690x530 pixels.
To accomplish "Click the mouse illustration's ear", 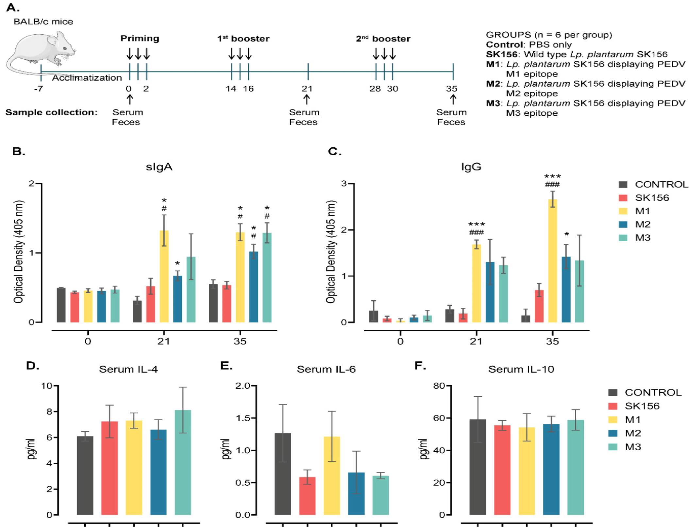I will pyautogui.click(x=52, y=40).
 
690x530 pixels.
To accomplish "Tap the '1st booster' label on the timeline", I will pyautogui.click(x=243, y=39).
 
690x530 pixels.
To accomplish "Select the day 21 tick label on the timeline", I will pyautogui.click(x=307, y=89).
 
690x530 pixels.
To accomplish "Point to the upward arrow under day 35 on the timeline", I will pyautogui.click(x=453, y=99).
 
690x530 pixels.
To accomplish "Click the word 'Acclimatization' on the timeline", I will pyautogui.click(x=87, y=78).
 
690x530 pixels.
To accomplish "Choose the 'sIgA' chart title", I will pyautogui.click(x=159, y=167).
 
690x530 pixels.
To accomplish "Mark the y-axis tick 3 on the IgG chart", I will pyautogui.click(x=344, y=184).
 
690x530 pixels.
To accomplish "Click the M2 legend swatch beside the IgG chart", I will pyautogui.click(x=623, y=224).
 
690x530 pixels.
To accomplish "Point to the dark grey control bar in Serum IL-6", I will pyautogui.click(x=283, y=473).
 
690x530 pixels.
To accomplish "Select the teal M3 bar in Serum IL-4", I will pyautogui.click(x=183, y=462).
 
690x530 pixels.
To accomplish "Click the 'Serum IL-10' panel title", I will pyautogui.click(x=521, y=369).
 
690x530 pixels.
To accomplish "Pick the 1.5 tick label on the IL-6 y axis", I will pyautogui.click(x=243, y=418).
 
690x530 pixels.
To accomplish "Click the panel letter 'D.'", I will pyautogui.click(x=33, y=366).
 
